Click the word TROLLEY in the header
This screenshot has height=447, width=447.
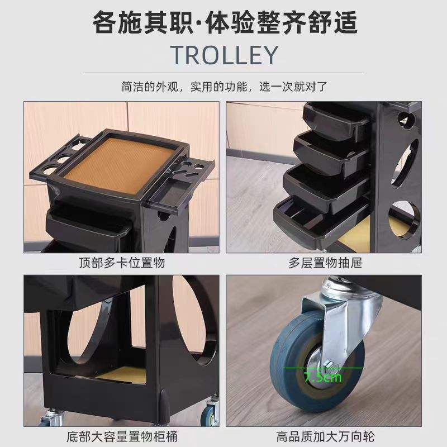(224, 55)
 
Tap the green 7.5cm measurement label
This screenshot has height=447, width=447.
(323, 377)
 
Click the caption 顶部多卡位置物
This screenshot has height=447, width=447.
(122, 263)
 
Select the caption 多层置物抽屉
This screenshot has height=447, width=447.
(325, 263)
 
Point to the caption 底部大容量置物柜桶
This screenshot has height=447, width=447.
(122, 436)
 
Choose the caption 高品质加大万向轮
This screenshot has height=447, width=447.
(325, 436)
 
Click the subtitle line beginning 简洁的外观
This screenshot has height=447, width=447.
(225, 87)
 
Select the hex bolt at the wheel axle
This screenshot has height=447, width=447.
(330, 364)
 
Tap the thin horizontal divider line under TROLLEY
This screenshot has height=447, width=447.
(223, 73)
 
